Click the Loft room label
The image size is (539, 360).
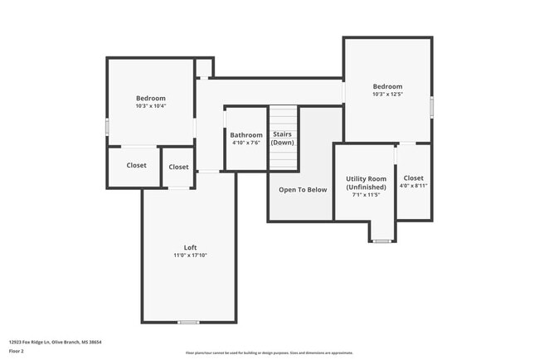190,248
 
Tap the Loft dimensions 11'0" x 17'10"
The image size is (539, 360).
190,255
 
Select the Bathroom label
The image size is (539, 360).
246,135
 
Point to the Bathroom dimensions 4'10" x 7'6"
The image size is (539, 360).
246,143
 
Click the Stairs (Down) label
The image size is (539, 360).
283,139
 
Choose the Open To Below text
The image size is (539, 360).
303,190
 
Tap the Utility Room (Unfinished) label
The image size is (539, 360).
366,183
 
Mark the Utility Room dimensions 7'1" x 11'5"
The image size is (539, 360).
366,196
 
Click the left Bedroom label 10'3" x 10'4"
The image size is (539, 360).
151,99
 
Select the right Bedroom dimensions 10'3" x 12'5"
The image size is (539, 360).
387,95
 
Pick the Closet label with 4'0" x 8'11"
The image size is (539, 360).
413,178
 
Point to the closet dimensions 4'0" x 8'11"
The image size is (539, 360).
413,186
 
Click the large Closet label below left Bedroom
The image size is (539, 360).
136,165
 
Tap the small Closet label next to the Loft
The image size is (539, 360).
178,167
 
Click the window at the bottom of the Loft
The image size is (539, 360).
188,322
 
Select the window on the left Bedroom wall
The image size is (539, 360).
107,126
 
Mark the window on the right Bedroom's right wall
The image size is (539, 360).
431,106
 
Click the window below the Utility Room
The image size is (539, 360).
381,241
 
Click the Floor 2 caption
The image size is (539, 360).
17,351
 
